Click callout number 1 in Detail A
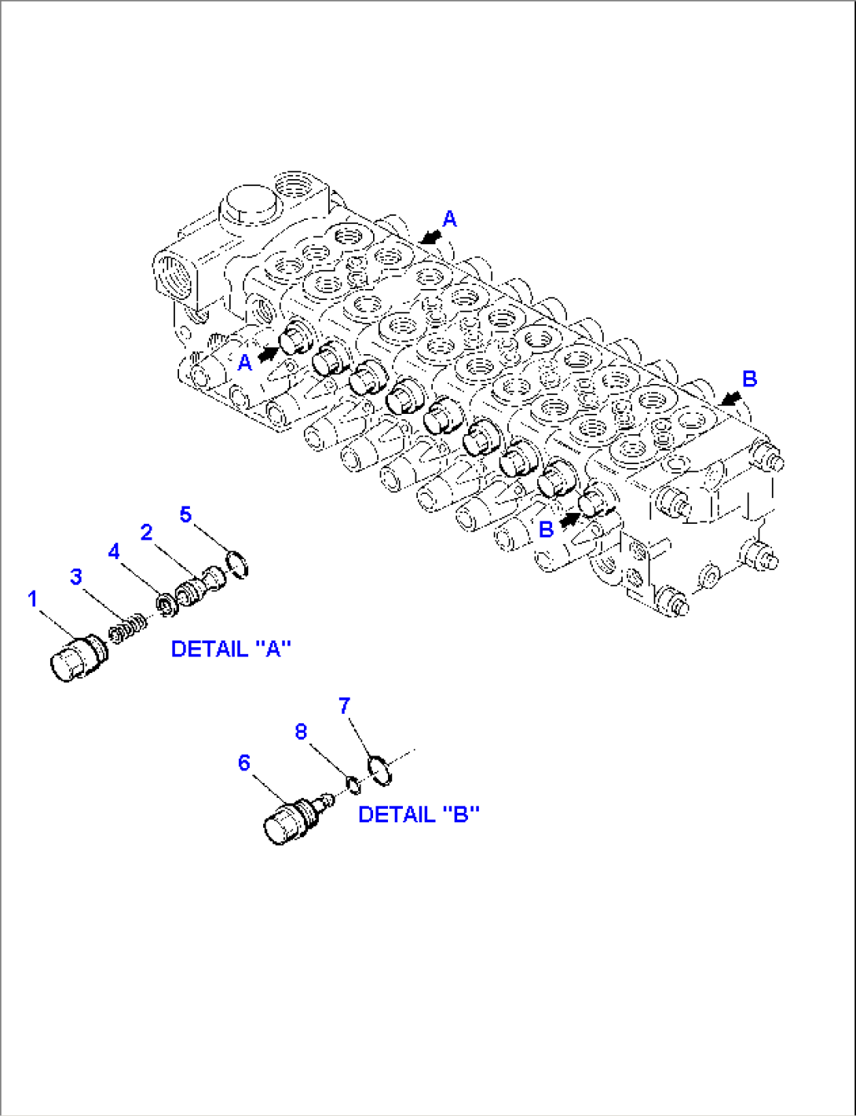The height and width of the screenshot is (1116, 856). click(x=32, y=599)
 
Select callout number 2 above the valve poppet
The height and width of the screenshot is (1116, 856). click(x=146, y=532)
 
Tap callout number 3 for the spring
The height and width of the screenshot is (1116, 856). click(x=75, y=577)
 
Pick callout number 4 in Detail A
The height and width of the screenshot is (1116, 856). click(x=114, y=551)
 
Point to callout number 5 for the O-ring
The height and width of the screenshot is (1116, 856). click(x=185, y=514)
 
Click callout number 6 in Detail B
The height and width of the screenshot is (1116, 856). click(x=244, y=763)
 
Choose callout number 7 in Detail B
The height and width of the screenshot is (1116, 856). click(x=344, y=705)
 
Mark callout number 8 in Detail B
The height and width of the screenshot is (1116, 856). click(x=301, y=732)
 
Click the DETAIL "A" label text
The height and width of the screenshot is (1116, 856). click(x=231, y=649)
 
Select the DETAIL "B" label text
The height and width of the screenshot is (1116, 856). click(x=419, y=814)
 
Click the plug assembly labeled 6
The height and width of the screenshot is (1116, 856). click(x=291, y=820)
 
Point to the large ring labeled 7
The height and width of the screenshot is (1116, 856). click(x=380, y=769)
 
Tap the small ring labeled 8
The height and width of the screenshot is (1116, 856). click(x=353, y=783)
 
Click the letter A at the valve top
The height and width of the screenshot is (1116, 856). click(x=449, y=218)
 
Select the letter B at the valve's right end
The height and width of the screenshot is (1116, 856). click(x=749, y=379)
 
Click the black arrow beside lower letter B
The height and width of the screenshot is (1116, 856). click(x=569, y=519)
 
